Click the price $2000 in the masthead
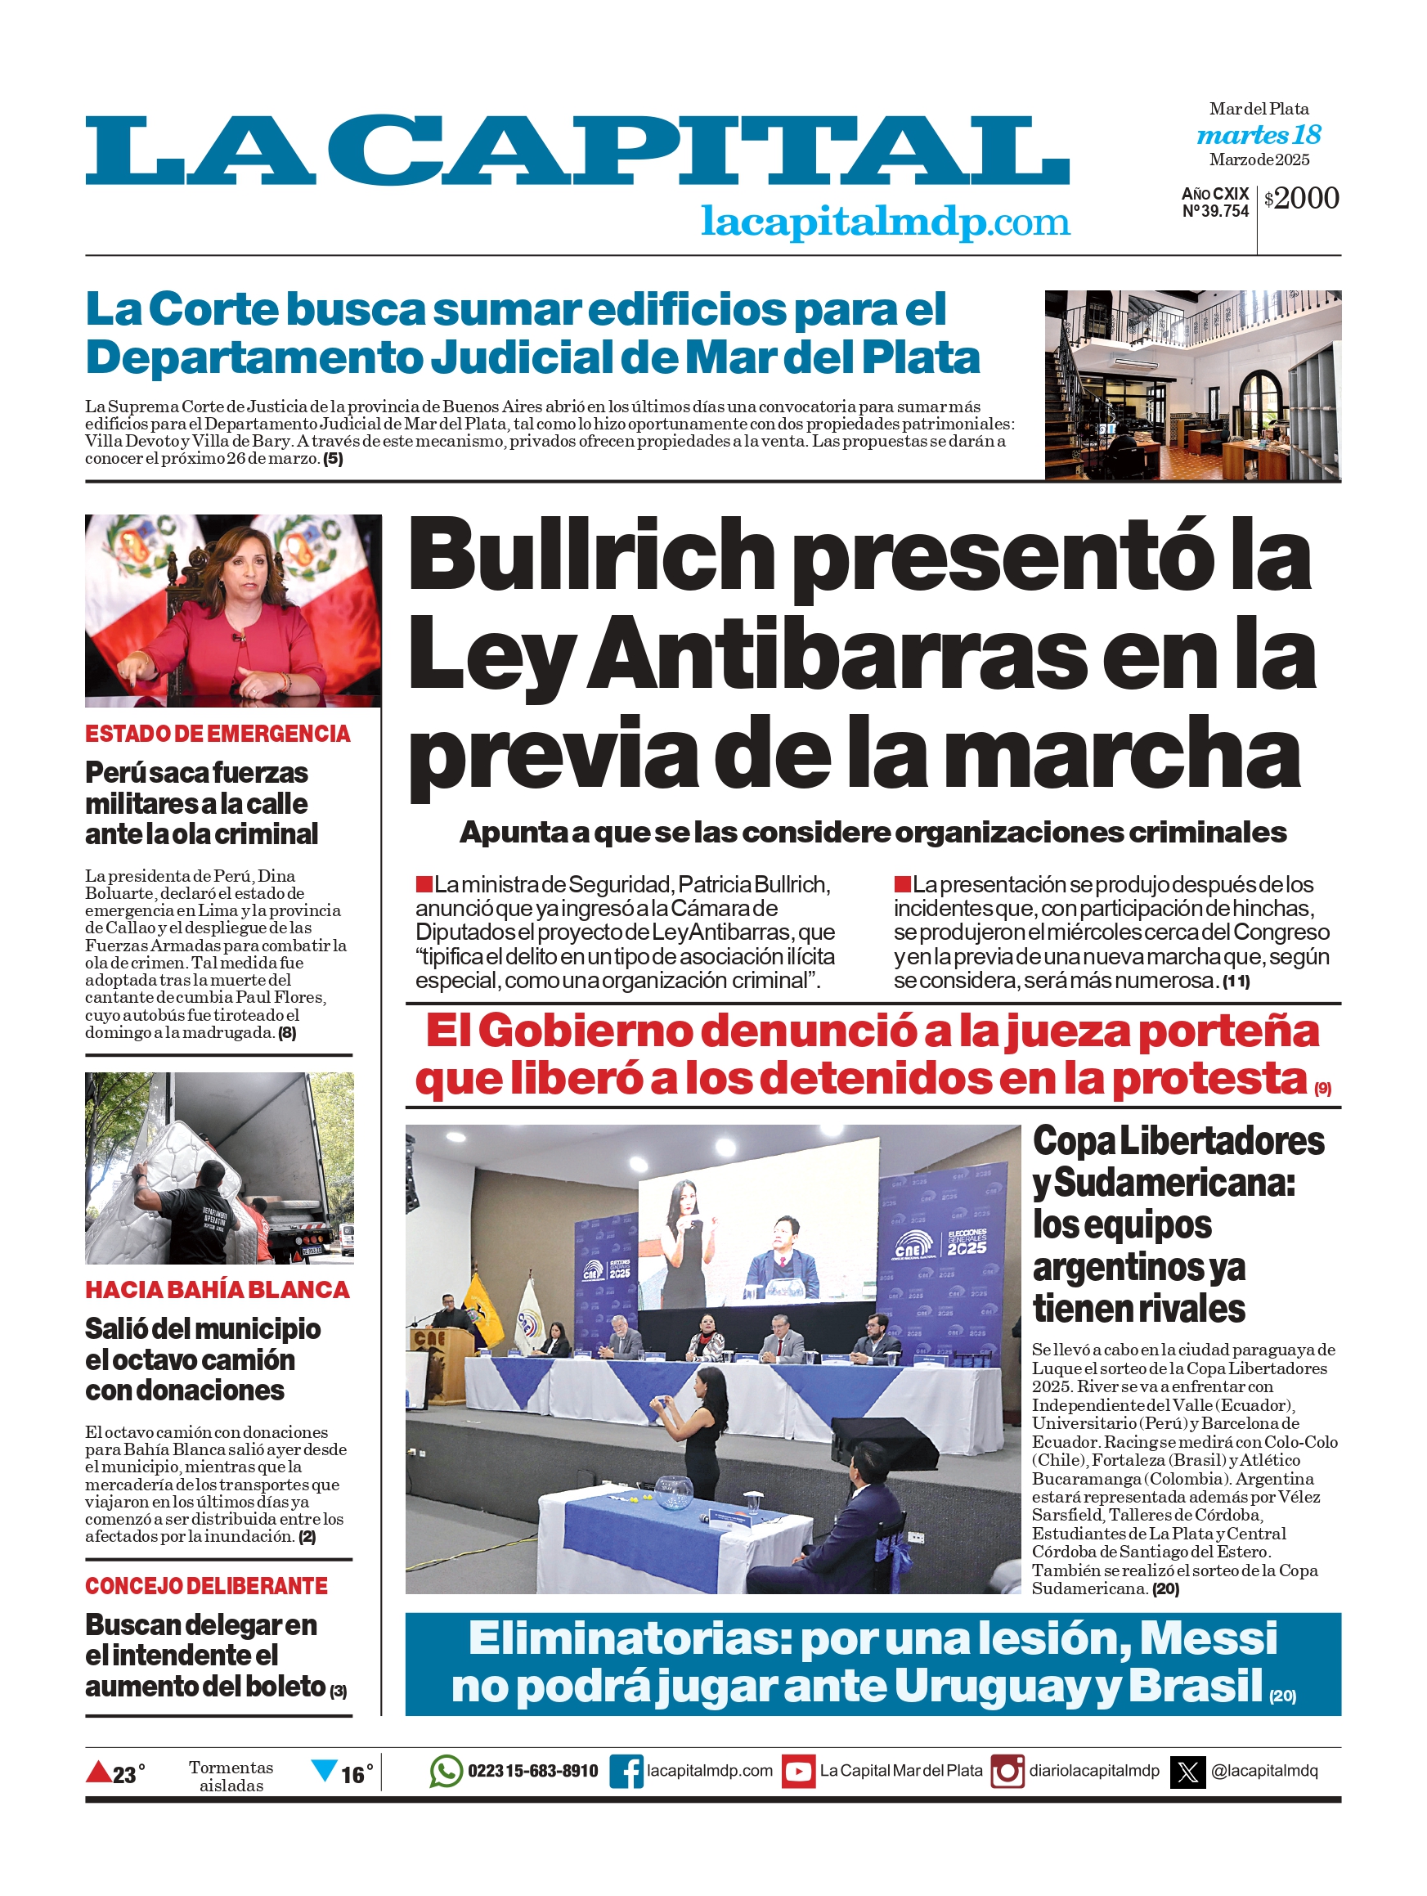coord(1301,198)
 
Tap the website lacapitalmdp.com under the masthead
coord(886,222)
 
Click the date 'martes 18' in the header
coord(1259,135)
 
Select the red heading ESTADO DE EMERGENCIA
coord(218,734)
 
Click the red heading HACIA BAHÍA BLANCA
coord(218,1289)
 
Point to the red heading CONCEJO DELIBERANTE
coord(207,1586)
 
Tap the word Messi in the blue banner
coord(1208,1638)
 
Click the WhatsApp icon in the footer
coord(446,1771)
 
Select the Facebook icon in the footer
coord(626,1771)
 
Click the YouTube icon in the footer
coord(799,1772)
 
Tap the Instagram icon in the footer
coord(1007,1772)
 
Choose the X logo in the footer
coord(1188,1772)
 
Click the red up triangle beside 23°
coord(99,1771)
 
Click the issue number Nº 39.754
coord(1215,212)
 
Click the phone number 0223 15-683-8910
coord(532,1772)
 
